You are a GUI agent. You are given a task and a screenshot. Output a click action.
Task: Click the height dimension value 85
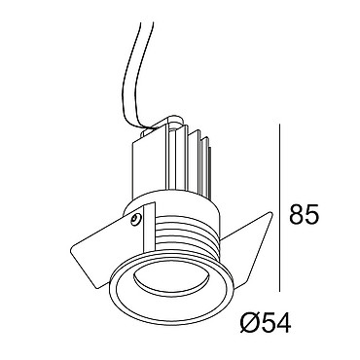pyautogui.click(x=304, y=214)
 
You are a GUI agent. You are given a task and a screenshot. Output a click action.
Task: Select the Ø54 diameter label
pyautogui.click(x=266, y=322)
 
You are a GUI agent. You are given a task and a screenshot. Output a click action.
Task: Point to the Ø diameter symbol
pyautogui.click(x=249, y=322)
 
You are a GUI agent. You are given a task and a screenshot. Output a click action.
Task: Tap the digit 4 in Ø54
pyautogui.click(x=283, y=322)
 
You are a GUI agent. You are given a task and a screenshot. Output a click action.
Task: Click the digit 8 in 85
pyautogui.click(x=297, y=214)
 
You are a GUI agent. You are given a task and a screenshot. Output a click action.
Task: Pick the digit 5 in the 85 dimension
pyautogui.click(x=312, y=214)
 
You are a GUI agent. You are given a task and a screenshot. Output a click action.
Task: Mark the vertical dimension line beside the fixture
pyautogui.click(x=279, y=207)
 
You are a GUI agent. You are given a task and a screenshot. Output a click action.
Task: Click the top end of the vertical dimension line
pyautogui.click(x=279, y=124)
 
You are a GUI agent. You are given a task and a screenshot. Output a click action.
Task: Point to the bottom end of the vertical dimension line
pyautogui.click(x=279, y=291)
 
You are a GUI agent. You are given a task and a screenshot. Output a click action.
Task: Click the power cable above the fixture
pyautogui.click(x=138, y=75)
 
